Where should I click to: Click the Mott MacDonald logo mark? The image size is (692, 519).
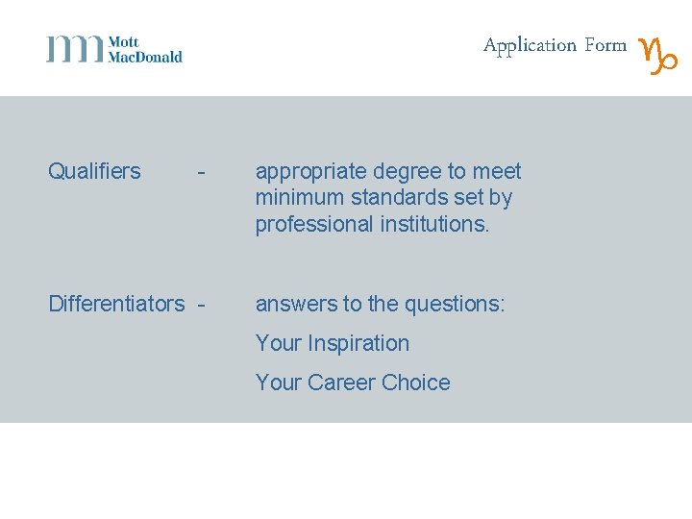click(x=75, y=49)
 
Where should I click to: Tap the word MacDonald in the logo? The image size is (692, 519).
click(x=145, y=57)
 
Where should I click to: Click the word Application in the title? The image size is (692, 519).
click(x=530, y=46)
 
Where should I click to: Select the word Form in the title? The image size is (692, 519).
click(x=605, y=45)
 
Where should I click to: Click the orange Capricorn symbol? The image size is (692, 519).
click(x=659, y=55)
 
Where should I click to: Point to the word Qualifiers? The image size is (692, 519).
click(x=94, y=172)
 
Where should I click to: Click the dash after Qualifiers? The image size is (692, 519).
click(x=200, y=173)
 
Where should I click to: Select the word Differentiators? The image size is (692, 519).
click(x=116, y=305)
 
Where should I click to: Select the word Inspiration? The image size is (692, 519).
click(x=358, y=343)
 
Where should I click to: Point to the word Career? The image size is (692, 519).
click(x=341, y=383)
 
